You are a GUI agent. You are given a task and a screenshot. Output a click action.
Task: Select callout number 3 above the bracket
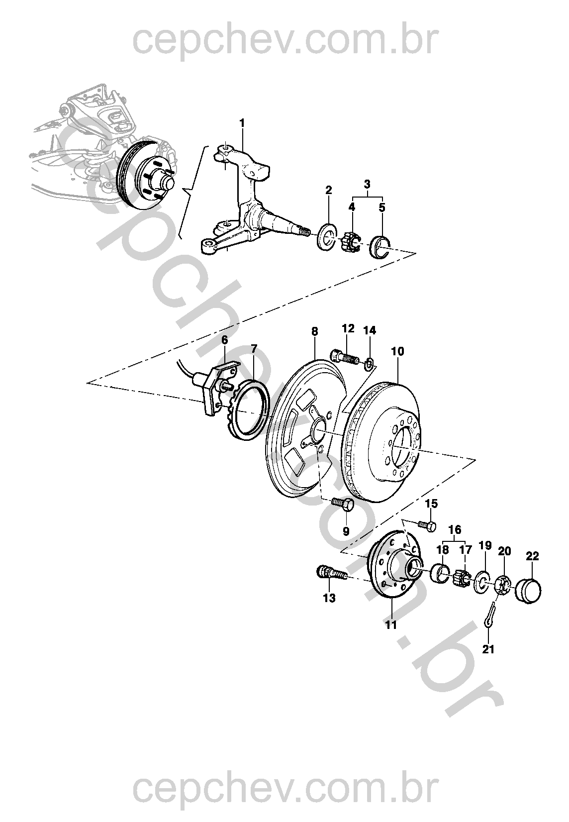367,184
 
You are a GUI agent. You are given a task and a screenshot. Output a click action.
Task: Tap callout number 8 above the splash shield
314,331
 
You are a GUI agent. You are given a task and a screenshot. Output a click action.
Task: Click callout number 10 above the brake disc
397,351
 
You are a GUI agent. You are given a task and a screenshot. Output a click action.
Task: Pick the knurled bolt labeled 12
344,357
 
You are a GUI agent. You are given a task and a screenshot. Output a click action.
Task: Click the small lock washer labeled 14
369,364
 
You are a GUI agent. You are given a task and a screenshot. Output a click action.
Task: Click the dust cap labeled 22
528,591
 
